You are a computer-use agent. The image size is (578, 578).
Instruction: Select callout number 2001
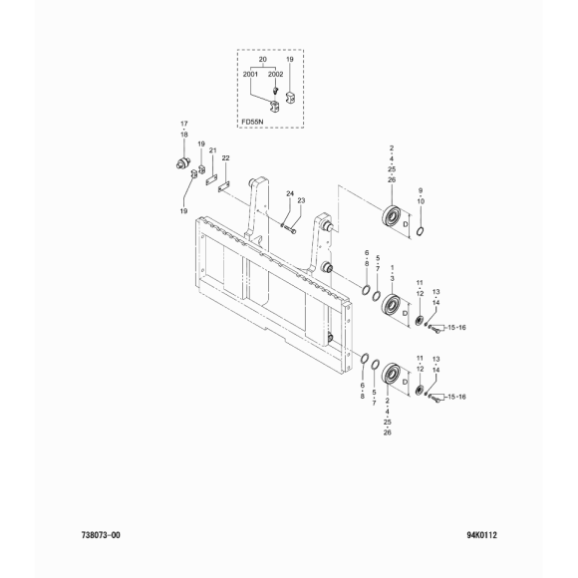[250, 75]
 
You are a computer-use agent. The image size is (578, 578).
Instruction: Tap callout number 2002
[275, 75]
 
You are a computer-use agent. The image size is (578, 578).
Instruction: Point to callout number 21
[212, 150]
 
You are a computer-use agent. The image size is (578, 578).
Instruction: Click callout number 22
[225, 158]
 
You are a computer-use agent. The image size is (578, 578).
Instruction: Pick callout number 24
[290, 193]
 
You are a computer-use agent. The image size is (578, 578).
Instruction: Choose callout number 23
[301, 200]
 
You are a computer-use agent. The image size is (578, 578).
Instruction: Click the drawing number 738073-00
[101, 535]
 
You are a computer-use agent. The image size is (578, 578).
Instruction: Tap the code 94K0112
[481, 535]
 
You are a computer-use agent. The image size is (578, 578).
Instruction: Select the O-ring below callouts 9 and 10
[420, 231]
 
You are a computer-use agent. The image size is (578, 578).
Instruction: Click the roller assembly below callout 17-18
[182, 162]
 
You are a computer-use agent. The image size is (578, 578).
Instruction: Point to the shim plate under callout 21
[211, 180]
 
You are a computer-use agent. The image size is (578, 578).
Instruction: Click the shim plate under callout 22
[224, 187]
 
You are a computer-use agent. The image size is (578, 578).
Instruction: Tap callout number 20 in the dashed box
[263, 60]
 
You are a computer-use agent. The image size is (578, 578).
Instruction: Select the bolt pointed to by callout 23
[290, 230]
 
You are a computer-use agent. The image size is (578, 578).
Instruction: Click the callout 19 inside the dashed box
[290, 60]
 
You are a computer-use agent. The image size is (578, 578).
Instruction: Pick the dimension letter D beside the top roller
[406, 224]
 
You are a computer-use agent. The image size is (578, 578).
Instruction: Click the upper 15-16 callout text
[456, 327]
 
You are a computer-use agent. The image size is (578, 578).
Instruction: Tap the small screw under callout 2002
[274, 90]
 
